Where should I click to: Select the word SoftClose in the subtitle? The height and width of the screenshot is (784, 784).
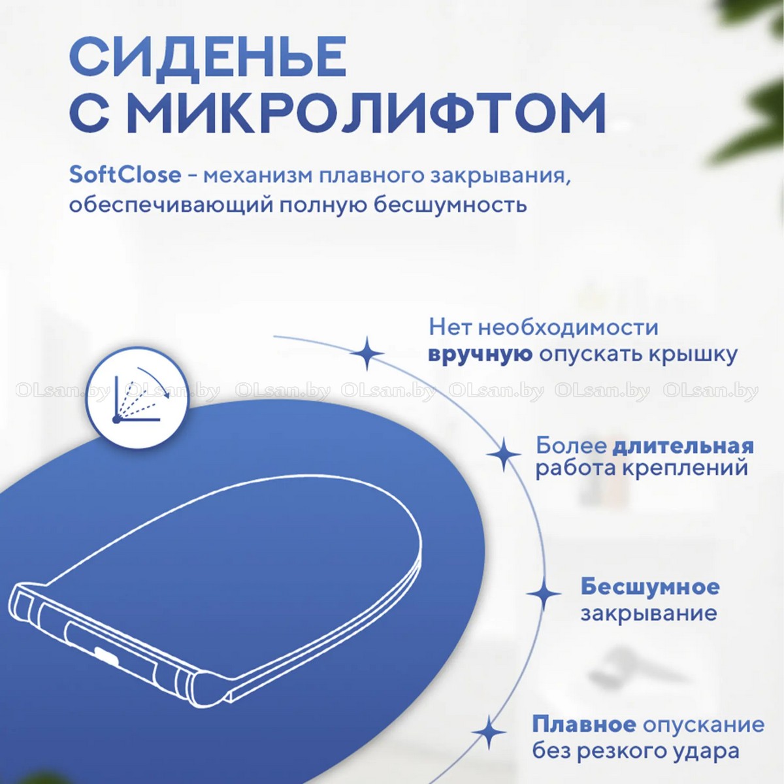pyautogui.click(x=125, y=175)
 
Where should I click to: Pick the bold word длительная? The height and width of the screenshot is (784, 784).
pyautogui.click(x=683, y=447)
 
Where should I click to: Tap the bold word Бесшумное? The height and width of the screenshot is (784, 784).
pyautogui.click(x=650, y=587)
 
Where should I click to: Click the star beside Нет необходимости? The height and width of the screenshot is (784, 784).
pyautogui.click(x=367, y=353)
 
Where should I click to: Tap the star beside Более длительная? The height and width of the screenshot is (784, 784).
pyautogui.click(x=504, y=454)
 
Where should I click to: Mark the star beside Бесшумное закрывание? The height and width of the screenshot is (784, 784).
pyautogui.click(x=544, y=594)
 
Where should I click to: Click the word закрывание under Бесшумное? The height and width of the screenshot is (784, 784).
pyautogui.click(x=649, y=614)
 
